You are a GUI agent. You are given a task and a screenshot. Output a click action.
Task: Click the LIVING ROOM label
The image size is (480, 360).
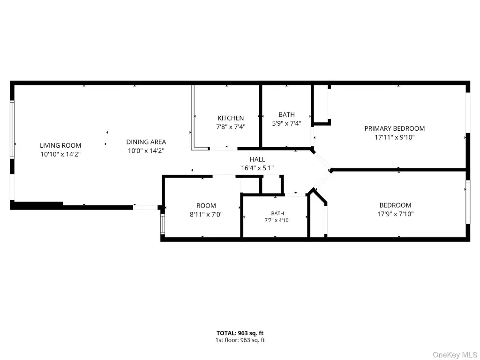point(60,145)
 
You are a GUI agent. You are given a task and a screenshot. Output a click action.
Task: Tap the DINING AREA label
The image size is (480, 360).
point(146,142)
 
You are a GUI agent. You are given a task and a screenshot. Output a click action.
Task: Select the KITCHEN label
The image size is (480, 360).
point(231,118)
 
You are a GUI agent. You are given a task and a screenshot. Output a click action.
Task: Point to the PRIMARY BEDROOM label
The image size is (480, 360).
point(395,128)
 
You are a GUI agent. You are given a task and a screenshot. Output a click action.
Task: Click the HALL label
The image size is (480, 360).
point(257,159)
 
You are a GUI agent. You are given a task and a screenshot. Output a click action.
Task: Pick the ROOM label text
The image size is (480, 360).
point(206,206)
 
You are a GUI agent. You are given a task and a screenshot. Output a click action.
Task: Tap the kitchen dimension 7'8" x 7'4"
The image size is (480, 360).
point(231,127)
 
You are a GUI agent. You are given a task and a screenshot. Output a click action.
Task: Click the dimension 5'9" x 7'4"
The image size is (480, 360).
point(286,123)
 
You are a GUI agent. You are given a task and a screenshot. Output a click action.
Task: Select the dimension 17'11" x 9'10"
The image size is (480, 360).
point(395,137)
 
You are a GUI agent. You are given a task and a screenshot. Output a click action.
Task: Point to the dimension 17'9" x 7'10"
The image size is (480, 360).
point(395,214)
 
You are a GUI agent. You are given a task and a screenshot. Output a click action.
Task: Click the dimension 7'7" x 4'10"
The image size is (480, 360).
point(277,220)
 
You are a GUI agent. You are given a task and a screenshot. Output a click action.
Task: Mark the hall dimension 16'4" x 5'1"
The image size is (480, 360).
point(257,168)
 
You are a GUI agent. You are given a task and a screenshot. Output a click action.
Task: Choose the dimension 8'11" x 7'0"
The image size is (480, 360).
point(206,214)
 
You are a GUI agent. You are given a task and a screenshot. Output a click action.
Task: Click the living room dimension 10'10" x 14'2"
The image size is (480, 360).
point(60,154)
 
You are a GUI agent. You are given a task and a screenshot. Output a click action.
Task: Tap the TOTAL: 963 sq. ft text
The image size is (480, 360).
point(240,333)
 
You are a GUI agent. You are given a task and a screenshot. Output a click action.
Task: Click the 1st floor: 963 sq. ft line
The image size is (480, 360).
point(240,340)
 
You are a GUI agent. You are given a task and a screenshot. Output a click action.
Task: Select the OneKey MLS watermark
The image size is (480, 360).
point(455,355)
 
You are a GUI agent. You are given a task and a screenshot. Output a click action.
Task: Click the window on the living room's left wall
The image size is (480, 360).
point(12,129)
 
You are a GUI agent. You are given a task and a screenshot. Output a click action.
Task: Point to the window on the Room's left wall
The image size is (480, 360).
point(163,224)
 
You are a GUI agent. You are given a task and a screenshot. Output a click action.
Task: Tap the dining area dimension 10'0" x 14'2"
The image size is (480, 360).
point(146,150)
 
